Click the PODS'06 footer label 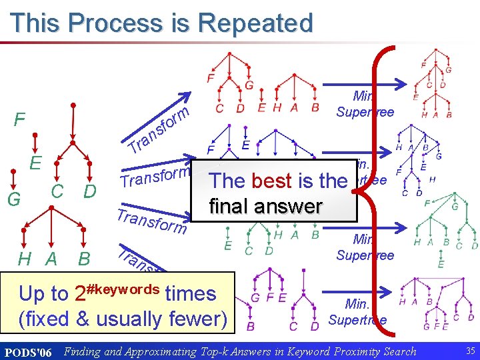28,351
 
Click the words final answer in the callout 265,206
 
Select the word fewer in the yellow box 198,319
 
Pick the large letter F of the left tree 21,121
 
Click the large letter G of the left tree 13,199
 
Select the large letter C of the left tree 57,191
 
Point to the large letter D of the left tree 90,191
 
